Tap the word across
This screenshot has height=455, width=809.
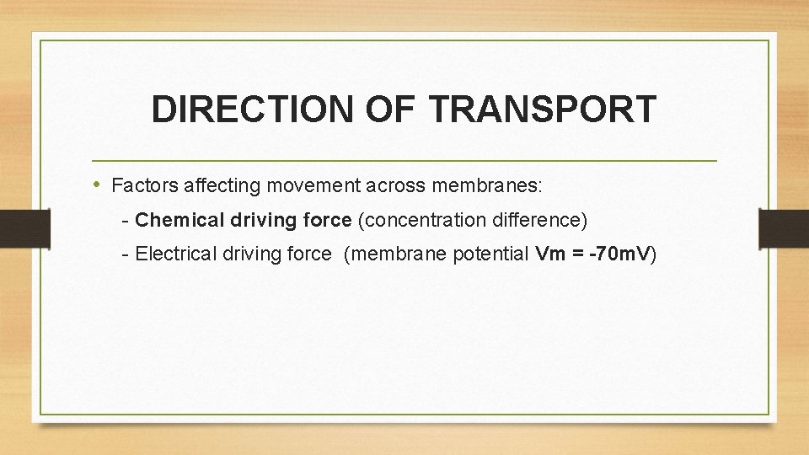tap(370, 185)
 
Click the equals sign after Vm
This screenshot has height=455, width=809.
tap(579, 254)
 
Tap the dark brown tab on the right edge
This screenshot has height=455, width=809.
tap(784, 227)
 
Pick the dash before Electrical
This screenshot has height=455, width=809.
tap(125, 254)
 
